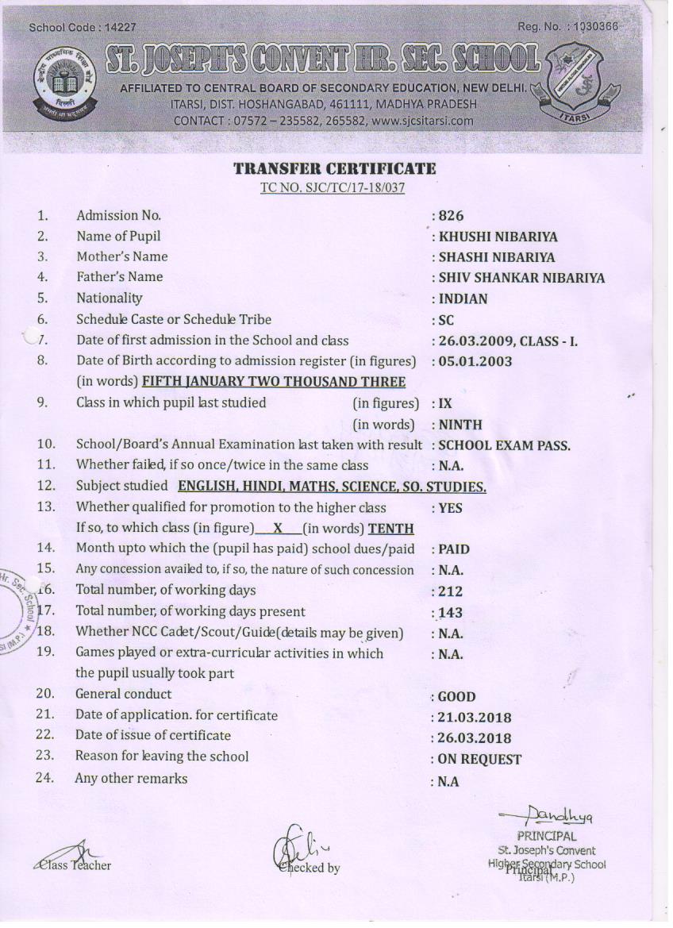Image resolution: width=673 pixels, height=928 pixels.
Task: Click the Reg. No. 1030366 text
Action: pyautogui.click(x=567, y=27)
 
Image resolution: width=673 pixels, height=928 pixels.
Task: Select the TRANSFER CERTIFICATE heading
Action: pyautogui.click(x=334, y=169)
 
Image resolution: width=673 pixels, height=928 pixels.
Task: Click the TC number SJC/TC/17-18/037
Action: pyautogui.click(x=333, y=188)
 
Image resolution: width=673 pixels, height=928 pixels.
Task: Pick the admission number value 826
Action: pyautogui.click(x=451, y=216)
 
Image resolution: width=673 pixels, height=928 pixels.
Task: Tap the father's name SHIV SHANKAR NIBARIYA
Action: pyautogui.click(x=521, y=278)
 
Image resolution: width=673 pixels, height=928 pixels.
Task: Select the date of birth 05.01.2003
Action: pyautogui.click(x=475, y=361)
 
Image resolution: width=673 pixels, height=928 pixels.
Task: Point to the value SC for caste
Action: pyautogui.click(x=448, y=320)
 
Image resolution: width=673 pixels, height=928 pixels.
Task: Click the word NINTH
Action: pyautogui.click(x=460, y=425)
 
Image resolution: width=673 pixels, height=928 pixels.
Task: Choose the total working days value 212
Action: pyautogui.click(x=450, y=591)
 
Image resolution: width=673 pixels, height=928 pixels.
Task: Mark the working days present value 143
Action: pyautogui.click(x=450, y=613)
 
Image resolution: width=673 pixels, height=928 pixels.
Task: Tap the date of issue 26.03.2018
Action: pyautogui.click(x=475, y=738)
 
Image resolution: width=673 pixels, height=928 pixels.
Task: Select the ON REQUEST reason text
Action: pyautogui.click(x=479, y=760)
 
